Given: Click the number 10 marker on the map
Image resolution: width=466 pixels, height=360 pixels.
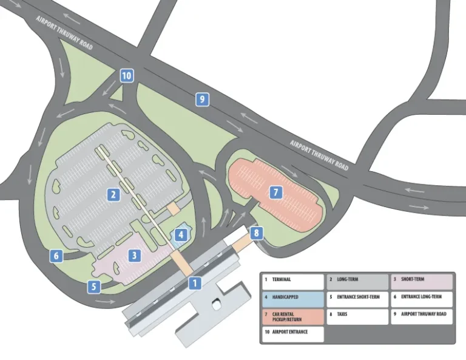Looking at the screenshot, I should pyautogui.click(x=126, y=76).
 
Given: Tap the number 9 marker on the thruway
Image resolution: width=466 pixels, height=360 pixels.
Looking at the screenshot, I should pyautogui.click(x=202, y=100).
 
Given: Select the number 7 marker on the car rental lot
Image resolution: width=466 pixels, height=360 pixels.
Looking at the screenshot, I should pyautogui.click(x=275, y=192).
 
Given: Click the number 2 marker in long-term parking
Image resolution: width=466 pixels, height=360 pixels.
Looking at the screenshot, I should pyautogui.click(x=113, y=194).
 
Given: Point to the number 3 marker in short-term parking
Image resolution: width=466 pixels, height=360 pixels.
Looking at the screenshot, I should pyautogui.click(x=135, y=256).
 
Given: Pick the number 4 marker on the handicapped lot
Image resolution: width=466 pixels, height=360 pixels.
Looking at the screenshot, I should pyautogui.click(x=181, y=233).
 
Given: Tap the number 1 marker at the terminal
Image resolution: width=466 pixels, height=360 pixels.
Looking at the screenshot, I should pyautogui.click(x=194, y=282).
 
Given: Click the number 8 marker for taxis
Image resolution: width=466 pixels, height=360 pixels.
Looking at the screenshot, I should pyautogui.click(x=257, y=233).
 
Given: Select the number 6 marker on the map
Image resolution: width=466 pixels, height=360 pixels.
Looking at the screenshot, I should pyautogui.click(x=56, y=256).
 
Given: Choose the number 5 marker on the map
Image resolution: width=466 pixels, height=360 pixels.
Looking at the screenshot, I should pyautogui.click(x=93, y=287).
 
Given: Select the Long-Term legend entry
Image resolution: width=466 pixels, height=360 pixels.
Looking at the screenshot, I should pyautogui.click(x=357, y=281).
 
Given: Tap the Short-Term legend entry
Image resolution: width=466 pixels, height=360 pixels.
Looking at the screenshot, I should pyautogui.click(x=421, y=281).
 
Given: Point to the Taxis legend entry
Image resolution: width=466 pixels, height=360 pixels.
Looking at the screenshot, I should pyautogui.click(x=357, y=316).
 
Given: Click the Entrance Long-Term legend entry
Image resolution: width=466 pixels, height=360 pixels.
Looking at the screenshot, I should pyautogui.click(x=421, y=299).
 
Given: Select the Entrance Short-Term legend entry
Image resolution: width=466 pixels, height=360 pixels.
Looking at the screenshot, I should pyautogui.click(x=357, y=299).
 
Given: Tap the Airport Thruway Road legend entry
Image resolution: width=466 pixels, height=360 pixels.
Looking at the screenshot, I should pyautogui.click(x=421, y=316).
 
